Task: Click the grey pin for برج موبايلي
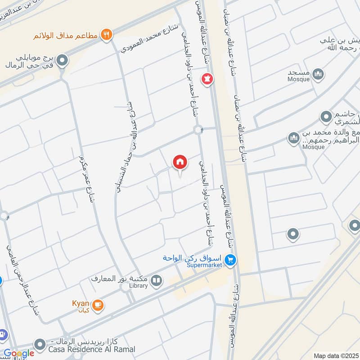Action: [63, 59]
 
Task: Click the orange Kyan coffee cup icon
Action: [99, 306]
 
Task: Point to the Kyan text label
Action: [81, 303]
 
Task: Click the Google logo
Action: [19, 354]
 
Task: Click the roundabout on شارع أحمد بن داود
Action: [198, 130]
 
